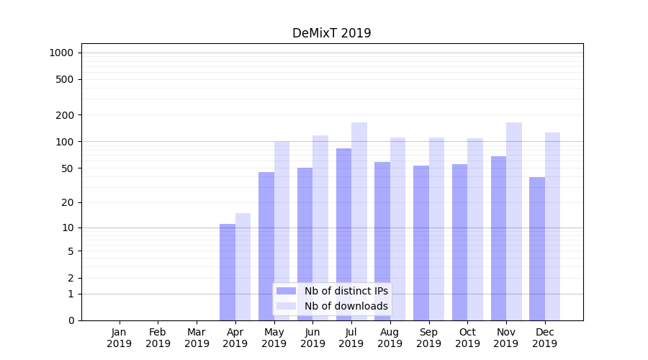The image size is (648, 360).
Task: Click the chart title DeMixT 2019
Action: click(x=331, y=33)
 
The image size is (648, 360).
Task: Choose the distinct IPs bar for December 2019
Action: click(x=537, y=248)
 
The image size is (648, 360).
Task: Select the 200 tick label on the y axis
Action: click(x=65, y=115)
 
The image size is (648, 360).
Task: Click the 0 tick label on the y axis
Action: click(x=71, y=320)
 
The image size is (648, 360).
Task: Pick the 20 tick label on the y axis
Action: click(x=68, y=202)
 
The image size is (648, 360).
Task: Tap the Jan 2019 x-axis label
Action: click(x=120, y=338)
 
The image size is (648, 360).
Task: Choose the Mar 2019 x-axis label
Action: click(x=197, y=338)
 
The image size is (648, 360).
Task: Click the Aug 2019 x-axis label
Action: click(x=390, y=338)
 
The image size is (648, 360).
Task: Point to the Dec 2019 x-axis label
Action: click(x=545, y=338)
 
